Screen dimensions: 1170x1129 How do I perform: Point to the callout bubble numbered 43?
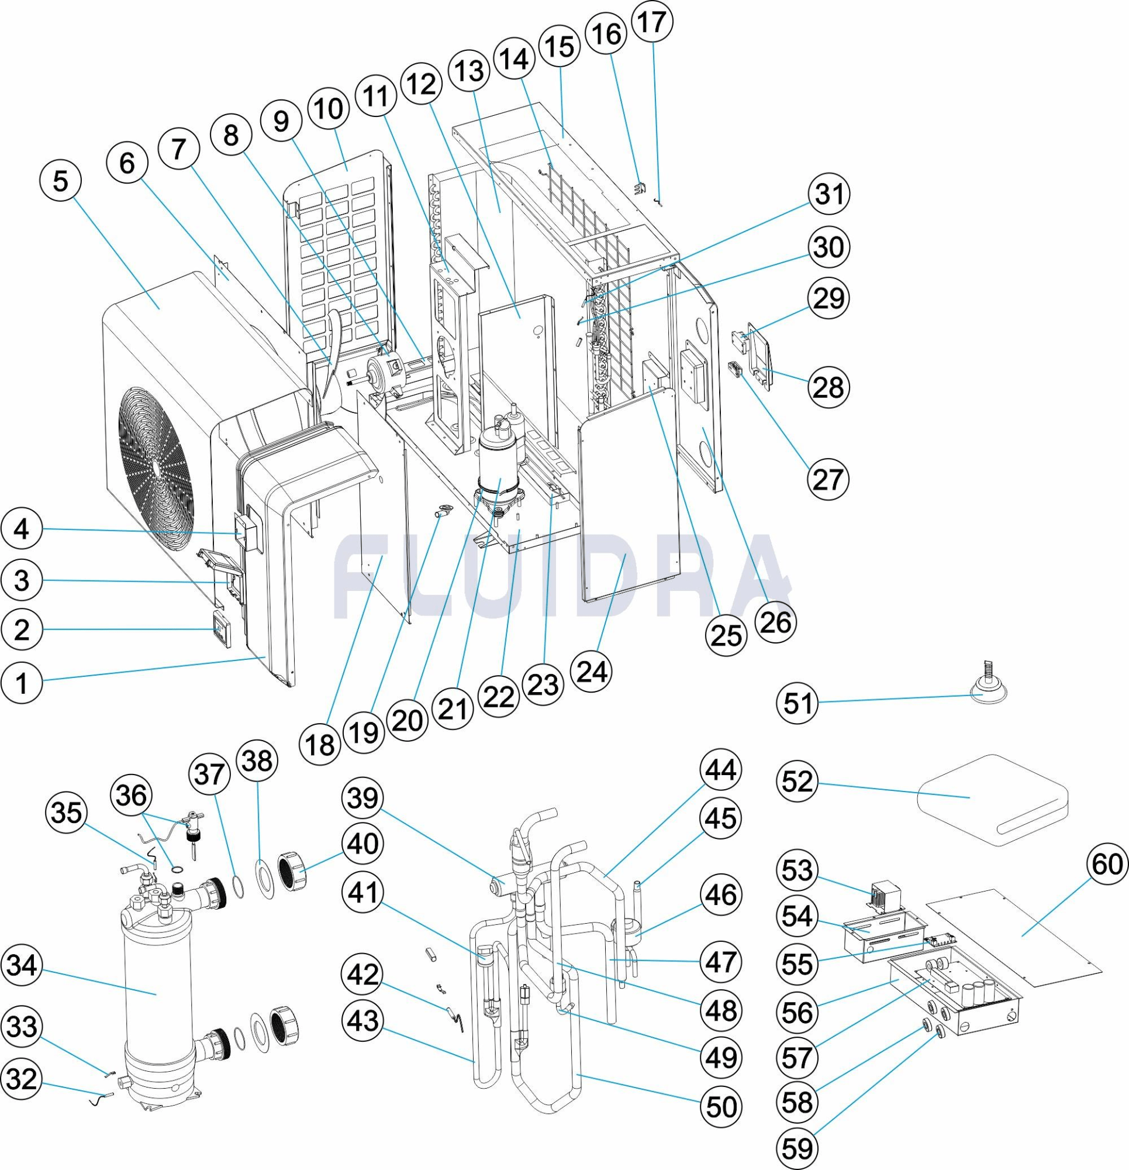(364, 1021)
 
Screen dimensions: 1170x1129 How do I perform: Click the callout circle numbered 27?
(828, 479)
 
